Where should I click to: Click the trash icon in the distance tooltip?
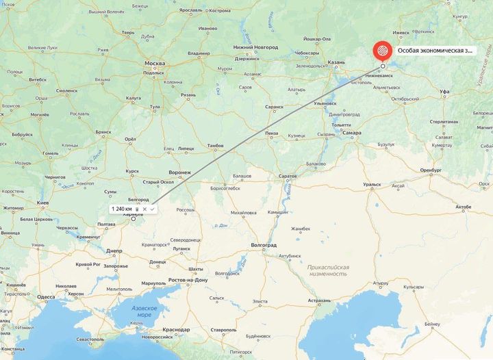click(137, 208)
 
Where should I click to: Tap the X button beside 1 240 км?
click(144, 208)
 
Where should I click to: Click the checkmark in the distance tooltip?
click(153, 208)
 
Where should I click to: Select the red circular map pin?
click(382, 51)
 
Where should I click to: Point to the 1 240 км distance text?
click(122, 208)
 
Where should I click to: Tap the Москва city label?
click(155, 63)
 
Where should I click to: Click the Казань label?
click(336, 62)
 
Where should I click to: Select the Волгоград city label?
click(264, 244)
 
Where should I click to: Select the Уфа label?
click(444, 91)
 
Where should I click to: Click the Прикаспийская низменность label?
click(328, 270)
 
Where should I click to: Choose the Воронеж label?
click(179, 172)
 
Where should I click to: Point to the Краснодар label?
click(176, 330)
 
